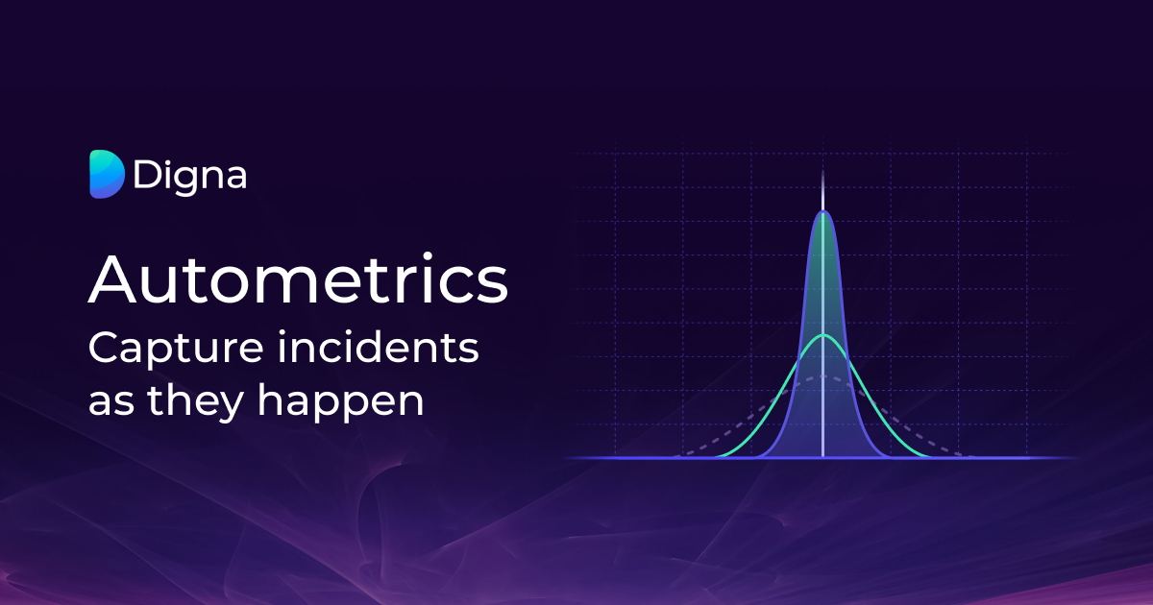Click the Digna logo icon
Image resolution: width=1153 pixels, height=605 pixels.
(x=107, y=175)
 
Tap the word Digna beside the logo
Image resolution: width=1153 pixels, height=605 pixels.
(x=189, y=176)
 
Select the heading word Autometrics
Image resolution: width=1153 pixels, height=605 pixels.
(x=298, y=279)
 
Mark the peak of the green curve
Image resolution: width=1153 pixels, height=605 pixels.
(x=822, y=335)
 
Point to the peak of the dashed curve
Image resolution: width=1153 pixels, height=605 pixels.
(x=822, y=376)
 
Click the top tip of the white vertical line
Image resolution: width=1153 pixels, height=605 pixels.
(x=822, y=174)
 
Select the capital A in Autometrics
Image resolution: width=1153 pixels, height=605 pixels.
(x=112, y=279)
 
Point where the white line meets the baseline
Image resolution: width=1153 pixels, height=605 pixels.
(x=822, y=457)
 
